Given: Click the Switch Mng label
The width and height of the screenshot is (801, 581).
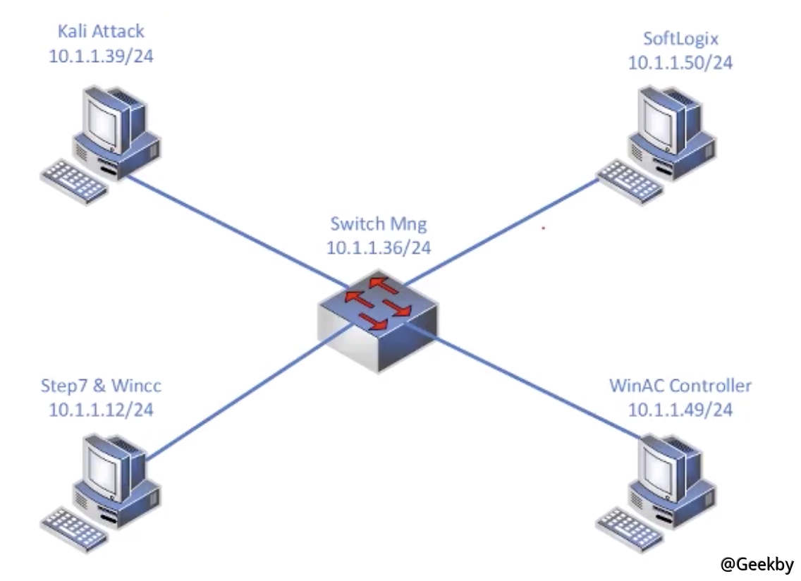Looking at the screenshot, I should [378, 224].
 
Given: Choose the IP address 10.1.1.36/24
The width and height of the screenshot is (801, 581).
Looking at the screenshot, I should [378, 247].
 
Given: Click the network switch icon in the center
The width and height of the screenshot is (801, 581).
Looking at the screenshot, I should [378, 317].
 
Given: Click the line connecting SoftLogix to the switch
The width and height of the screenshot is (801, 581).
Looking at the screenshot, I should [508, 226].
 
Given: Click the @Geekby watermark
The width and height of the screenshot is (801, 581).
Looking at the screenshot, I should [757, 564].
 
